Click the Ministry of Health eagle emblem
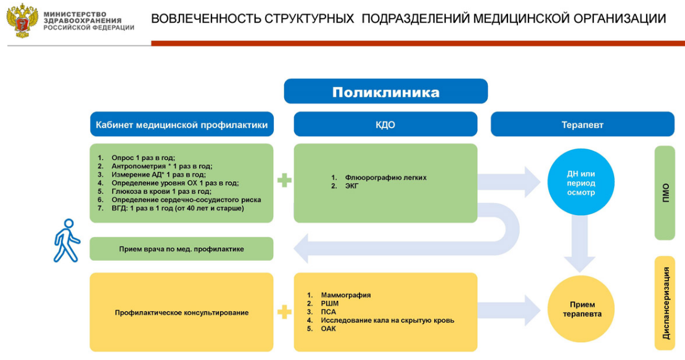22,20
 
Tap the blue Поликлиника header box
386,91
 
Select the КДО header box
385,125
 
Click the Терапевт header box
582,125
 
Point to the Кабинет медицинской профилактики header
182,125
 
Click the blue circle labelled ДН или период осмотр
581,182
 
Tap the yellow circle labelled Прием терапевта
581,309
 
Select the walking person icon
67,241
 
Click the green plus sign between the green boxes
284,180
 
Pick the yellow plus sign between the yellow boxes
284,312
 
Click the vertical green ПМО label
665,193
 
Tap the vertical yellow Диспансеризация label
665,303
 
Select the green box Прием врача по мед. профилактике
182,249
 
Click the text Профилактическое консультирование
182,313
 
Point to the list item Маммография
345,295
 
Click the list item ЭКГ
351,186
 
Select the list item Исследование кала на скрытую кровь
387,321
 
